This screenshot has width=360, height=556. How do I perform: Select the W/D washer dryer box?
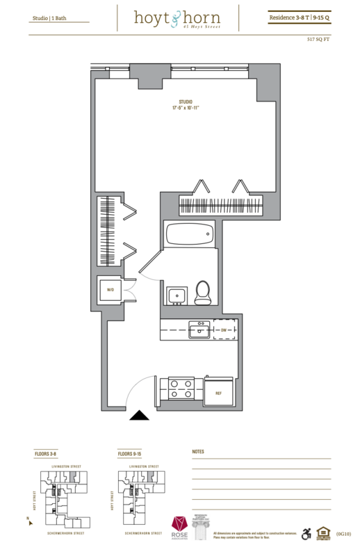[x=110, y=290]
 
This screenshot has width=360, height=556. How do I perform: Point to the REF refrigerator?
[x=219, y=392]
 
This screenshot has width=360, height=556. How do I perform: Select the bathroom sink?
[x=177, y=295]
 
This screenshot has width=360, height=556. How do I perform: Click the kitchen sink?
[x=199, y=329]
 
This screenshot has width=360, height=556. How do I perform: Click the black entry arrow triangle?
[x=140, y=415]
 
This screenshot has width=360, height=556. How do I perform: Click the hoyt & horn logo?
[x=179, y=17]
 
